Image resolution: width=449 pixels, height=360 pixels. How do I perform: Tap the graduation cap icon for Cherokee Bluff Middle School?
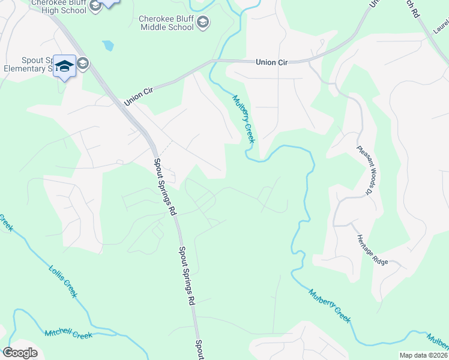pyautogui.click(x=203, y=23)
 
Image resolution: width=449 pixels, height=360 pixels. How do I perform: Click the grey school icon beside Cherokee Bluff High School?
pyautogui.click(x=95, y=7)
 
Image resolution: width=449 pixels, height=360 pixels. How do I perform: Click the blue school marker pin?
pyautogui.click(x=64, y=66)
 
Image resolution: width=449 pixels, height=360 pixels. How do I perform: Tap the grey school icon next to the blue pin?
pyautogui.click(x=82, y=64)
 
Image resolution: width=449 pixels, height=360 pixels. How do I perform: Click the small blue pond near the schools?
pyautogui.click(x=107, y=45)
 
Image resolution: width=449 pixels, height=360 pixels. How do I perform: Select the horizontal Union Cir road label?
pyautogui.click(x=273, y=62)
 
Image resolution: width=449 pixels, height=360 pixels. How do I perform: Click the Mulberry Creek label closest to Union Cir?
pyautogui.click(x=244, y=119)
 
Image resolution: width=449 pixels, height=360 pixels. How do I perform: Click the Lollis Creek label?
pyautogui.click(x=62, y=280)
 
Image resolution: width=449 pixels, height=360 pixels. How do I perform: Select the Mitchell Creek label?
pyautogui.click(x=68, y=334)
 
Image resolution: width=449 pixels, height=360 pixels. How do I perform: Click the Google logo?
pyautogui.click(x=20, y=353)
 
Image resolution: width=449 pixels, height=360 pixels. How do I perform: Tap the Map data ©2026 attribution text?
pyautogui.click(x=424, y=355)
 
